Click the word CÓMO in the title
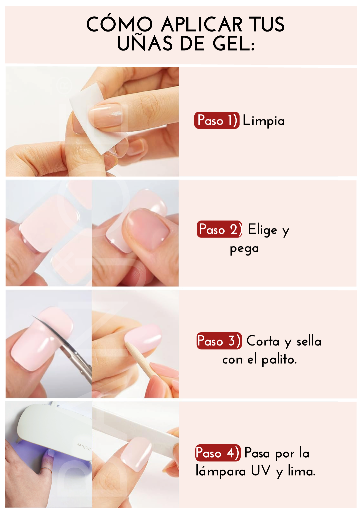tap(119, 24)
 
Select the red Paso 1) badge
tap(217, 120)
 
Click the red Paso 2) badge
tap(219, 229)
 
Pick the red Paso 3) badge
tap(219, 341)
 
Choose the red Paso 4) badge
tap(218, 453)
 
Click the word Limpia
tap(264, 121)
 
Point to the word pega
tap(244, 249)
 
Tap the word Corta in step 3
tap(263, 341)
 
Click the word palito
tap(279, 360)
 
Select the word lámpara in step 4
tap(221, 471)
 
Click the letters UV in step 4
tap(261, 471)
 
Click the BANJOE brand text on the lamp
tap(84, 446)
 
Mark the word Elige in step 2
tap(263, 229)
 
